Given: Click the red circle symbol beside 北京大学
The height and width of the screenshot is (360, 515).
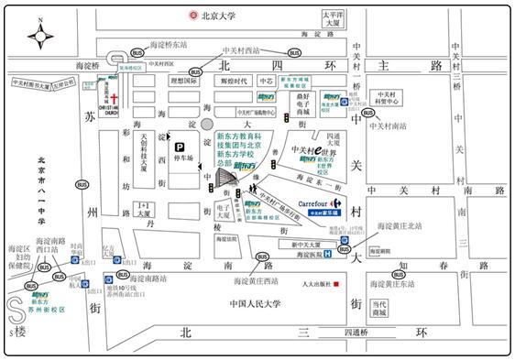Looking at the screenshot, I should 193,15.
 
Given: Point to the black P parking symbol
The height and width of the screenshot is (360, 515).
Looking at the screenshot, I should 180,147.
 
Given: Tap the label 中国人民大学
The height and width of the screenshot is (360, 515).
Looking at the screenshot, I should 230,303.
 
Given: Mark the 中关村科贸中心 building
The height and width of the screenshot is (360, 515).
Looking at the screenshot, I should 387,98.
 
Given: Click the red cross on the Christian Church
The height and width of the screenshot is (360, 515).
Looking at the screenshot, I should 114,98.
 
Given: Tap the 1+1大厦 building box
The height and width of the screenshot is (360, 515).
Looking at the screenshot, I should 142,208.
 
